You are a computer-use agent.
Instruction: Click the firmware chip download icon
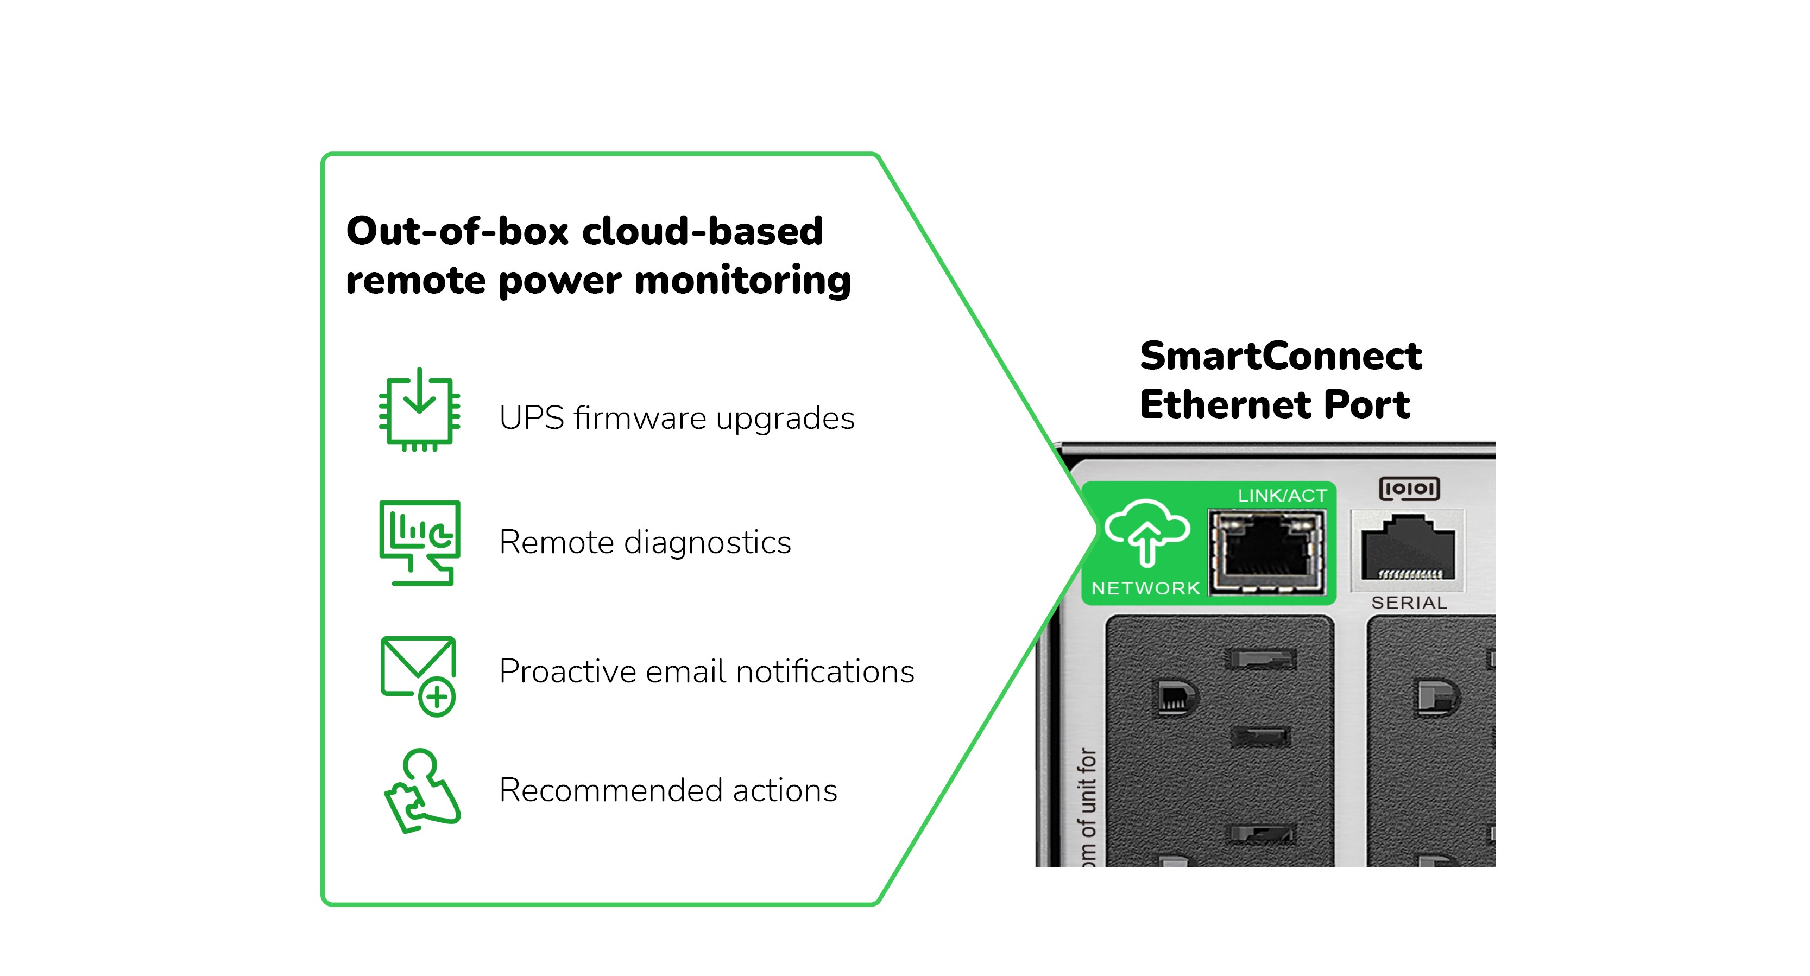[x=419, y=411]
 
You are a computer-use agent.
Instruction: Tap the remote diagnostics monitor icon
[x=419, y=543]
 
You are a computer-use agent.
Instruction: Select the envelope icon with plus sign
[x=419, y=675]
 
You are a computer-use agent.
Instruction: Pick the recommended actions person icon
[x=421, y=791]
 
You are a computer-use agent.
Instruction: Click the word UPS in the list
[x=532, y=419]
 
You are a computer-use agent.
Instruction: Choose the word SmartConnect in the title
[x=1280, y=356]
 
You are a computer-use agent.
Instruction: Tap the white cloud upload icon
[x=1147, y=531]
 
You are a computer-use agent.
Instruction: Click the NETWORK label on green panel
[x=1145, y=588]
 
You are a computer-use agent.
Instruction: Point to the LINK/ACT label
[x=1282, y=496]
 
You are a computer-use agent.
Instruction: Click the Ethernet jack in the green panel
[x=1266, y=553]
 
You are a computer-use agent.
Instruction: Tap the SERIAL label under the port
[x=1409, y=603]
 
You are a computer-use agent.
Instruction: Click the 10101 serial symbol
[x=1409, y=489]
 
